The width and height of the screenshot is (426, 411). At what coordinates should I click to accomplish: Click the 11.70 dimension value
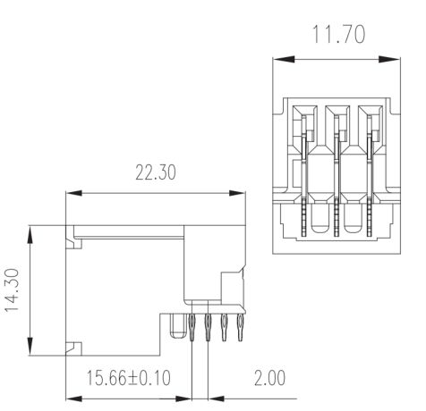(x=338, y=35)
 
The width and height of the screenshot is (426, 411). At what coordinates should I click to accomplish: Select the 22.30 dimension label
(x=156, y=172)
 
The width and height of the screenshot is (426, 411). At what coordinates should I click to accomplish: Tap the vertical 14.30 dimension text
(x=13, y=290)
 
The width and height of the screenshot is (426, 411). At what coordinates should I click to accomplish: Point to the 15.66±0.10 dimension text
(x=128, y=378)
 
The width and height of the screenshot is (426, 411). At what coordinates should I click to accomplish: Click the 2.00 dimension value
(x=269, y=378)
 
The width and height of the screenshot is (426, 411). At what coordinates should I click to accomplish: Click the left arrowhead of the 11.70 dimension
(x=284, y=59)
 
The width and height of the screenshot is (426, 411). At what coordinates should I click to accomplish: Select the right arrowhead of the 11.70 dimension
(x=389, y=59)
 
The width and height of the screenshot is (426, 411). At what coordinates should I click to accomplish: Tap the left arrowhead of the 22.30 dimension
(x=73, y=193)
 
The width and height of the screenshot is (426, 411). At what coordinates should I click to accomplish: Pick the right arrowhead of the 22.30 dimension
(x=237, y=193)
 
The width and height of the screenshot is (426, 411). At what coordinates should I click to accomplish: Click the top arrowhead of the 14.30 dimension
(x=30, y=234)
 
